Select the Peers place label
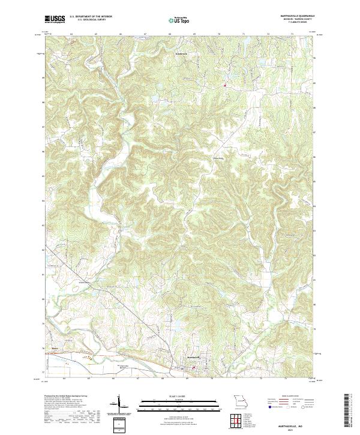click(55, 346)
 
